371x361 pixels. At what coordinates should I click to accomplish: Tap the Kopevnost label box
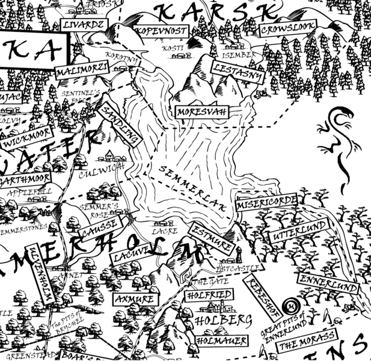[x=161, y=30]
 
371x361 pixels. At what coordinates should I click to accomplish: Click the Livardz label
[x=84, y=25]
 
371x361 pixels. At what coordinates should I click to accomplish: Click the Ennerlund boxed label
[x=328, y=283]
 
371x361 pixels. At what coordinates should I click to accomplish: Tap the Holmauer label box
[x=221, y=341]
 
